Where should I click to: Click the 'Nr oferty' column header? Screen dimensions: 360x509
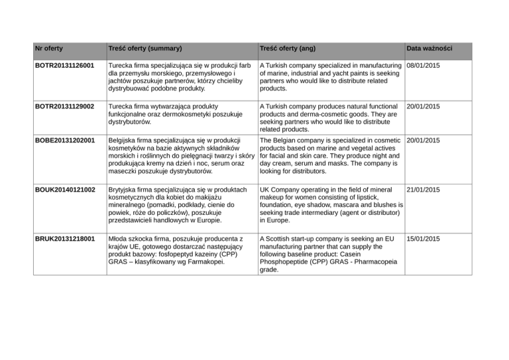click(x=50, y=48)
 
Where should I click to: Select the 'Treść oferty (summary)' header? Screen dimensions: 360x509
click(x=145, y=48)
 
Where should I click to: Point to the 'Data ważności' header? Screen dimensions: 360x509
click(x=430, y=48)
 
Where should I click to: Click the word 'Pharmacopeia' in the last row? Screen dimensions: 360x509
click(x=375, y=262)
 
